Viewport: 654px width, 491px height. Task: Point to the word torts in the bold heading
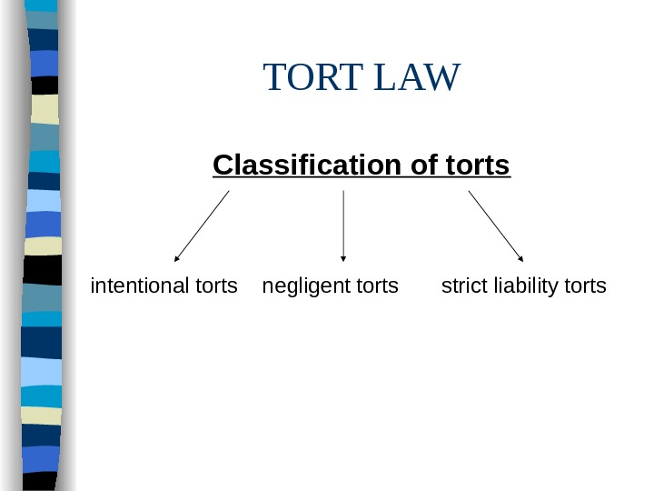(479, 166)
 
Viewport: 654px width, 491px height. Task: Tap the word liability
(524, 287)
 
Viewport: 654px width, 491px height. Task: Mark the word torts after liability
(585, 286)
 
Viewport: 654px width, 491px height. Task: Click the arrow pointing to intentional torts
(202, 225)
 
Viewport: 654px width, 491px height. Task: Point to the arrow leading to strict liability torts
(496, 225)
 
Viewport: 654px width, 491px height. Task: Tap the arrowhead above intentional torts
(177, 258)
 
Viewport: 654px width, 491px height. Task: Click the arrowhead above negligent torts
(343, 258)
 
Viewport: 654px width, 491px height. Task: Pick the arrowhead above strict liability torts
(520, 258)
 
